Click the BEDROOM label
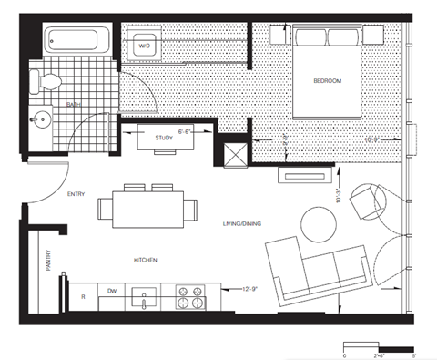click(x=327, y=81)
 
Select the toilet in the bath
click(x=47, y=81)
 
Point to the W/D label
click(x=144, y=45)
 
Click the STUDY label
click(x=164, y=138)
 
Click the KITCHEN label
click(x=147, y=261)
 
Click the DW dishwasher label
click(x=113, y=291)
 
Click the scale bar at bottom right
click(x=378, y=348)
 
